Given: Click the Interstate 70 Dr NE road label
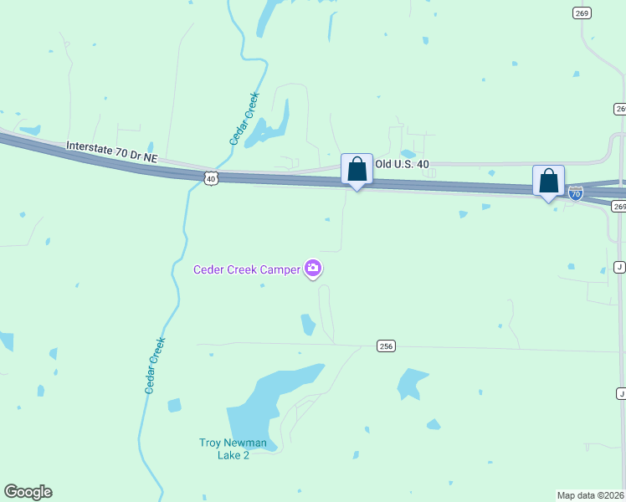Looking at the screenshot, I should (x=110, y=152).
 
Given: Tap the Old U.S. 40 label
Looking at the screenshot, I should (x=402, y=164).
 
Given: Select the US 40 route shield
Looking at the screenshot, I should (x=211, y=177).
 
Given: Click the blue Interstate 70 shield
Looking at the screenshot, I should (x=576, y=193).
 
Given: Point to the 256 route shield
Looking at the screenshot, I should (x=385, y=346).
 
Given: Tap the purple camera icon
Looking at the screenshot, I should (x=313, y=269).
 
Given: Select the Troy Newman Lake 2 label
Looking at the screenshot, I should (x=233, y=448).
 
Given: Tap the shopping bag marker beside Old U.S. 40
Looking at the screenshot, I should (x=357, y=170).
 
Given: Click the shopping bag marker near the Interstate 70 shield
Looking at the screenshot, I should (x=548, y=181).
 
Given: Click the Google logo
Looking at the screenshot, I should (x=28, y=492).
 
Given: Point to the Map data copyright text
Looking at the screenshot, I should (x=591, y=494).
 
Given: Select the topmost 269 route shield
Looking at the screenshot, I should (x=582, y=13).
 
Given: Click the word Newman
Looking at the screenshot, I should (x=244, y=443).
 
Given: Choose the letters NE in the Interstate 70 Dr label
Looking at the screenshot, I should (x=149, y=158).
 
